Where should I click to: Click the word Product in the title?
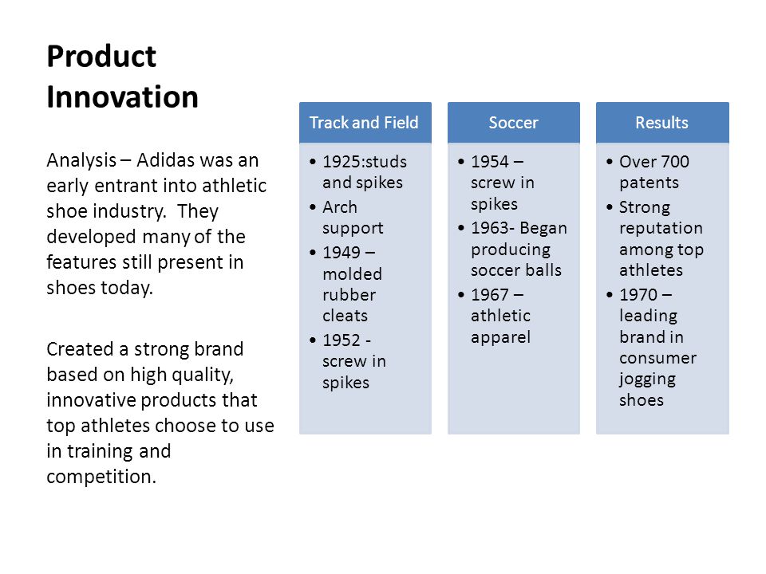click(101, 57)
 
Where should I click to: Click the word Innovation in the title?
click(123, 96)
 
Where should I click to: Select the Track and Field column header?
click(364, 123)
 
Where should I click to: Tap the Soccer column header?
click(513, 123)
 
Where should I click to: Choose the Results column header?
click(662, 123)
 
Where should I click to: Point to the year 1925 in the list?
click(342, 162)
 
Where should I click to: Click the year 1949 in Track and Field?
click(342, 253)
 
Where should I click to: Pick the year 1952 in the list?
click(342, 340)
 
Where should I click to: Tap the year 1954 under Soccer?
click(490, 162)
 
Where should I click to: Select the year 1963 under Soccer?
click(490, 228)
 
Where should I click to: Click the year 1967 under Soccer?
click(490, 295)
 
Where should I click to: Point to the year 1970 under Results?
click(638, 295)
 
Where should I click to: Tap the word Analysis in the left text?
click(81, 160)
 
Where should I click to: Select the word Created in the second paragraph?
click(80, 349)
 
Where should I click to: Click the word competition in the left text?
click(101, 477)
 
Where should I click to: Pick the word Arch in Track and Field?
click(340, 207)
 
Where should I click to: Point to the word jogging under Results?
click(647, 379)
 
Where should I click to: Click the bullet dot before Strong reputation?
click(609, 207)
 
